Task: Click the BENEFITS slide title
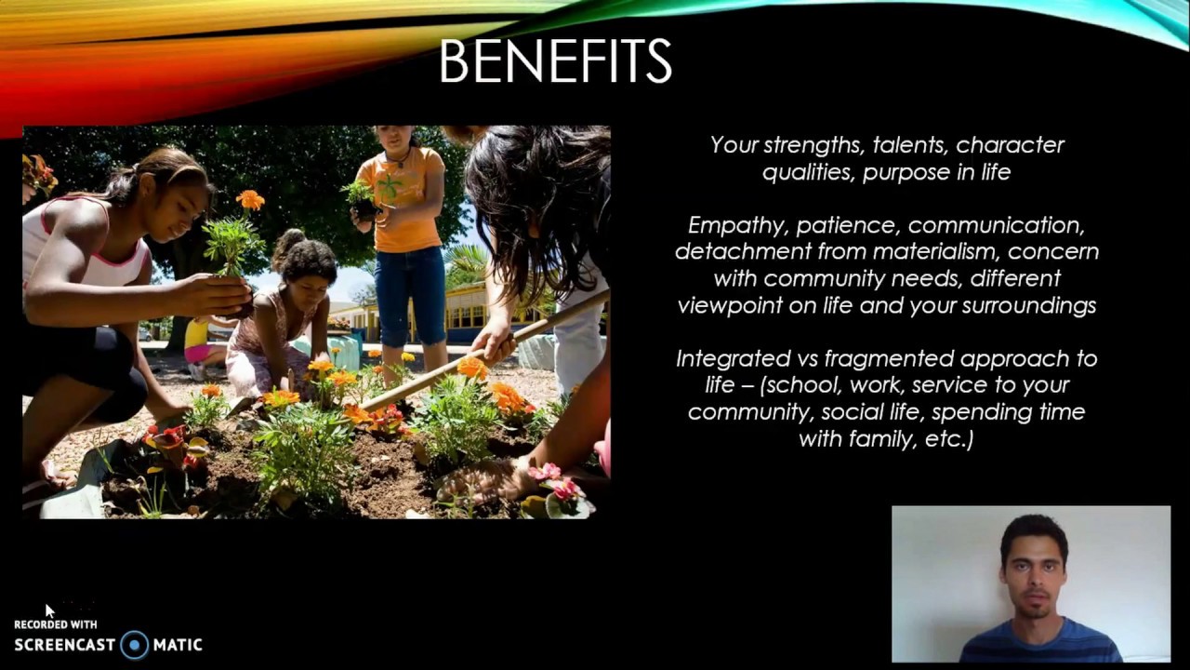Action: [x=555, y=62]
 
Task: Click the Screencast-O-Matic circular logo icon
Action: [x=135, y=644]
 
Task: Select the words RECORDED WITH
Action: [x=55, y=624]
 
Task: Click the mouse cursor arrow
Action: [x=49, y=610]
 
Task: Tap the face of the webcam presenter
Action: [x=1033, y=572]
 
